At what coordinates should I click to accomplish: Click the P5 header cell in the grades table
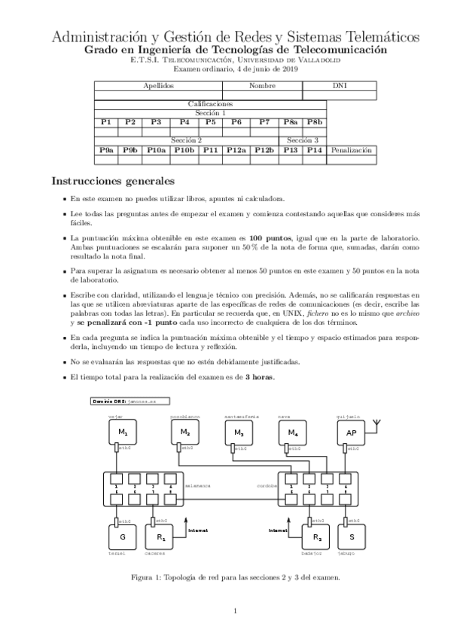(x=211, y=121)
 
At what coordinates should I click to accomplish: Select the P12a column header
(x=236, y=150)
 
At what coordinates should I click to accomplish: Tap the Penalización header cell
(x=351, y=150)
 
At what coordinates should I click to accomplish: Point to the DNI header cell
(x=340, y=86)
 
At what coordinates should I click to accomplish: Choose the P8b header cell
(x=314, y=121)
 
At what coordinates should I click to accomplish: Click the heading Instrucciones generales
(x=112, y=182)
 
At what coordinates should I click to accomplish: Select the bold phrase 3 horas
(x=260, y=376)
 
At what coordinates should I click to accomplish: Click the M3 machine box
(x=239, y=433)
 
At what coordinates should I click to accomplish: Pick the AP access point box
(x=351, y=433)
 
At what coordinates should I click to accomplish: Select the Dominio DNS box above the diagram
(x=129, y=403)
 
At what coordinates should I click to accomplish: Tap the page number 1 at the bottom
(x=235, y=610)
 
